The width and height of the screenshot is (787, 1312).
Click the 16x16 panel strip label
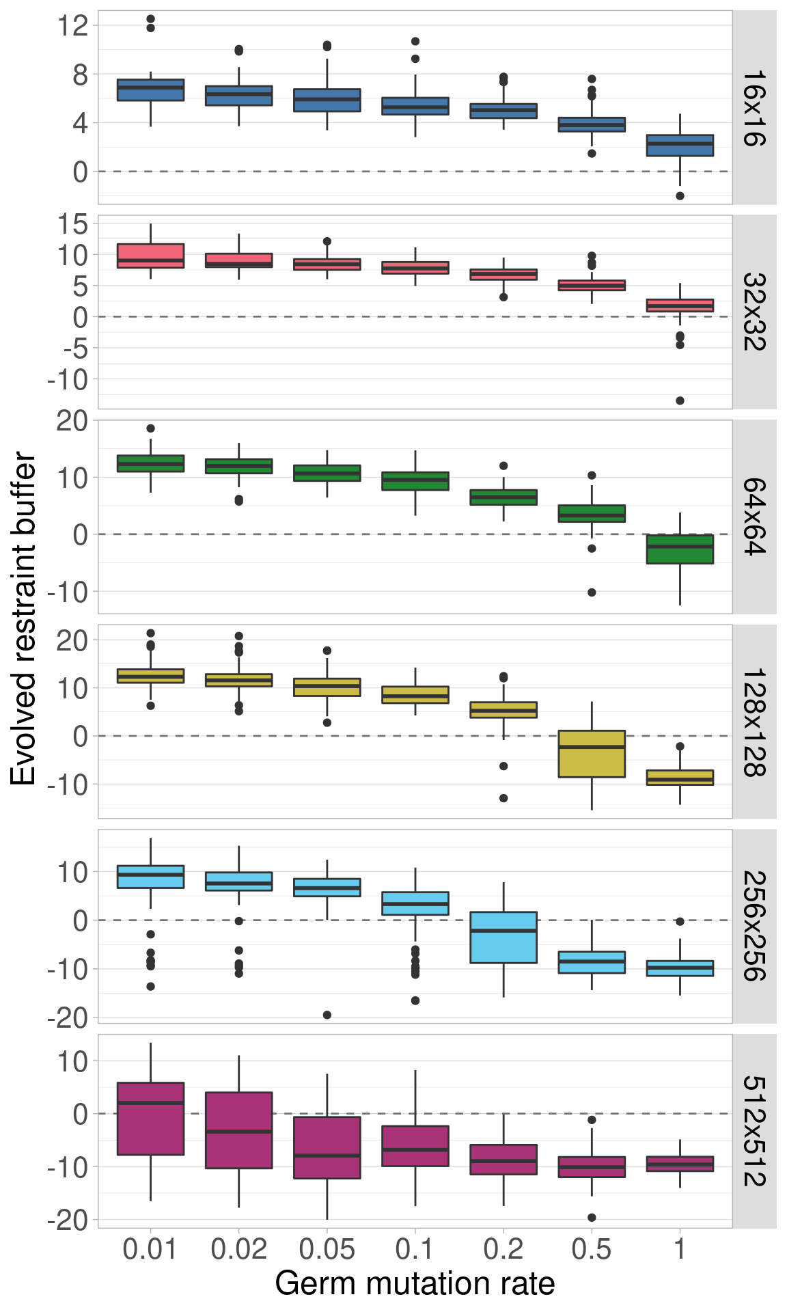pyautogui.click(x=754, y=107)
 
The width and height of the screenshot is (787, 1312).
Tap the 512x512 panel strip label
pyautogui.click(x=754, y=1131)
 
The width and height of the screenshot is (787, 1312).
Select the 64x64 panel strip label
pyautogui.click(x=754, y=517)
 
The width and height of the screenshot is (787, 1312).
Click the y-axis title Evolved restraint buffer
pyautogui.click(x=23, y=618)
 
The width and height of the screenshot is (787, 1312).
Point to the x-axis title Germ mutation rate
pyautogui.click(x=415, y=1284)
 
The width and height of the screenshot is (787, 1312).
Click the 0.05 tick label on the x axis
pyautogui.click(x=327, y=1249)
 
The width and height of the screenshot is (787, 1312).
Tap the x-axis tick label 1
pyautogui.click(x=680, y=1249)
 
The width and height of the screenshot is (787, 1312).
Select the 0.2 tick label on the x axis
pyautogui.click(x=503, y=1249)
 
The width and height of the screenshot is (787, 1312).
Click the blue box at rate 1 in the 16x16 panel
pyautogui.click(x=680, y=146)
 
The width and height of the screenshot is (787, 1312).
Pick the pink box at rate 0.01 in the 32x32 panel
pyautogui.click(x=150, y=256)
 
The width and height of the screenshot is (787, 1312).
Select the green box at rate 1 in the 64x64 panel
pyautogui.click(x=680, y=549)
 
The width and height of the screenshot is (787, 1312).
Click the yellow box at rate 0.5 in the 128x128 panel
pyautogui.click(x=592, y=754)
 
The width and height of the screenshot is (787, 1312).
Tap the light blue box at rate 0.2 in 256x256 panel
pyautogui.click(x=503, y=938)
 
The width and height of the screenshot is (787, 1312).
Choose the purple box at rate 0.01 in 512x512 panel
pyautogui.click(x=150, y=1119)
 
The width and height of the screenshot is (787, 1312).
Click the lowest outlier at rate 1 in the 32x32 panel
pyautogui.click(x=680, y=400)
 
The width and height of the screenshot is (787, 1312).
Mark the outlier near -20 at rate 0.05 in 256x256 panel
pyautogui.click(x=327, y=1015)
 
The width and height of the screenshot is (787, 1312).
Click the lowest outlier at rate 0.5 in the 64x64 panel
pyautogui.click(x=592, y=592)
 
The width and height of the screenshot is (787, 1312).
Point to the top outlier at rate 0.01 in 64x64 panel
pyautogui.click(x=150, y=428)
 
